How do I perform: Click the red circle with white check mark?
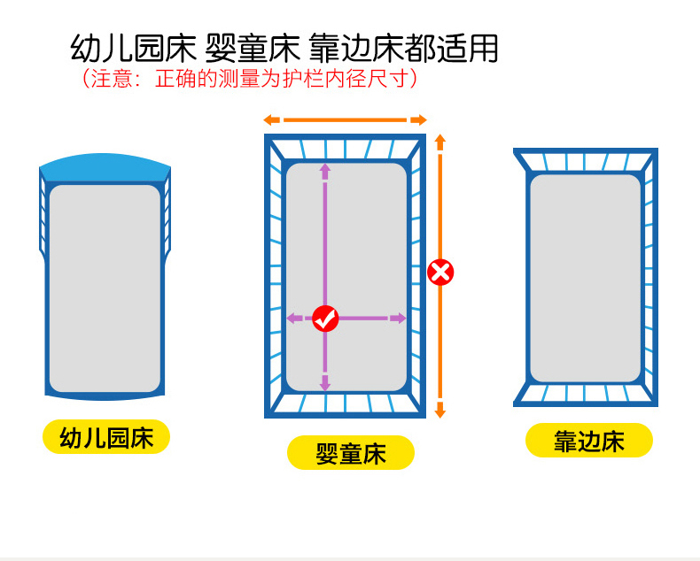click(325, 319)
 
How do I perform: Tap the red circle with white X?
click(440, 273)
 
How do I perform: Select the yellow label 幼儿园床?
click(106, 437)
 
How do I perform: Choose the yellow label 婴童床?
click(351, 453)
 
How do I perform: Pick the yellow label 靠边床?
click(589, 440)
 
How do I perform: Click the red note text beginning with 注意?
click(250, 79)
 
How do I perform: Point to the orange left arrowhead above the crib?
click(272, 119)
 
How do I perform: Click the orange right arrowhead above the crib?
click(419, 119)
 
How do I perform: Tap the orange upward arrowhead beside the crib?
click(440, 142)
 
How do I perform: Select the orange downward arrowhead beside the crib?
click(440, 410)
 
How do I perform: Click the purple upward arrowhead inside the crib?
click(325, 172)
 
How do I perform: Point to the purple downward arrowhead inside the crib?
click(325, 383)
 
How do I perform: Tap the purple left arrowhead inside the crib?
click(294, 319)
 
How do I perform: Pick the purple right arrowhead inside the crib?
click(398, 319)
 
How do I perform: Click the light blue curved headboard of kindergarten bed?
click(105, 167)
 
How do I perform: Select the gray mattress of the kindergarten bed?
click(105, 288)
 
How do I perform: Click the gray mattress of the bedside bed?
click(586, 278)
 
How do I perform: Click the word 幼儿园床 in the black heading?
click(133, 48)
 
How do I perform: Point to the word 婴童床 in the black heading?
click(253, 48)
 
